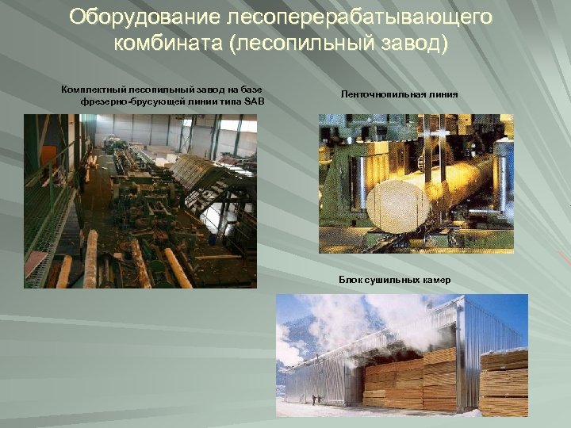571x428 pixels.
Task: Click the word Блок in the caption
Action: (351, 280)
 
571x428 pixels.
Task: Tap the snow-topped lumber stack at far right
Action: (504, 380)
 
